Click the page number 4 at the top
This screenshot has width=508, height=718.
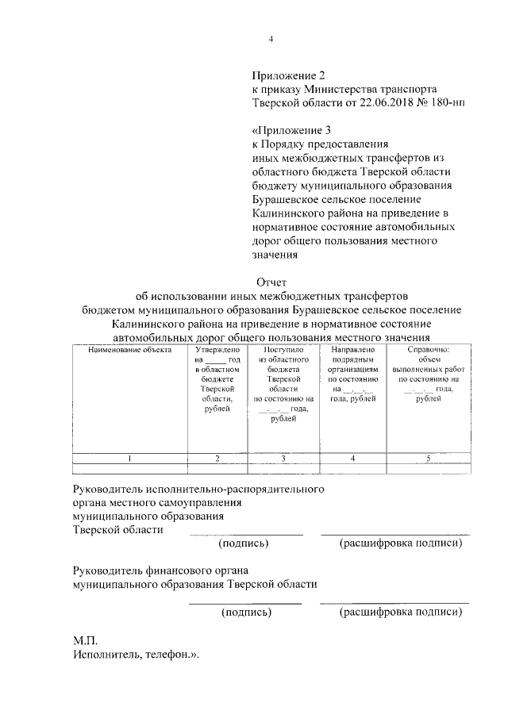(270, 40)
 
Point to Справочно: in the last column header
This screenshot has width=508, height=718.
(427, 349)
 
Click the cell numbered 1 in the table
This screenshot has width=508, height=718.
(129, 458)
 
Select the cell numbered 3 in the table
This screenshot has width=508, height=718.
(283, 458)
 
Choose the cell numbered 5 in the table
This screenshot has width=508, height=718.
(427, 458)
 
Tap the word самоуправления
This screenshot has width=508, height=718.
(198, 502)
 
